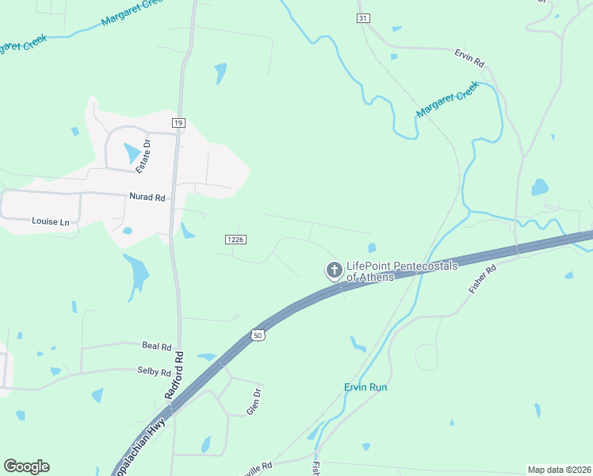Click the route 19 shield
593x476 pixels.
pyautogui.click(x=178, y=122)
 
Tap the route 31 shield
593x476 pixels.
pyautogui.click(x=362, y=17)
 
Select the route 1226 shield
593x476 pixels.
pyautogui.click(x=234, y=239)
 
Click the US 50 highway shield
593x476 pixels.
pyautogui.click(x=257, y=336)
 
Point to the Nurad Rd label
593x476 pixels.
pyautogui.click(x=148, y=196)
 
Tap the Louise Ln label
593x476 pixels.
pyautogui.click(x=51, y=221)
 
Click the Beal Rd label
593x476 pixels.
pyautogui.click(x=157, y=347)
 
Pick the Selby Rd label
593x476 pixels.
pyautogui.click(x=154, y=372)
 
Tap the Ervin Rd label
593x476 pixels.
pyautogui.click(x=469, y=59)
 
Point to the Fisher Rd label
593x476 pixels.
pyautogui.click(x=482, y=280)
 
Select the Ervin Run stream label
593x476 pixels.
pyautogui.click(x=365, y=387)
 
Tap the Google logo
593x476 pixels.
pyautogui.click(x=26, y=466)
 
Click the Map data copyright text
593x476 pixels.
pyautogui.click(x=558, y=470)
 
